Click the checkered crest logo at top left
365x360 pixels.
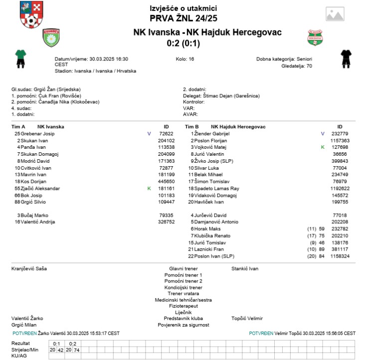point(30,14)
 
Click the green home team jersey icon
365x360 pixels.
point(20,58)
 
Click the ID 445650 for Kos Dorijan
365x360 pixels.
point(166,182)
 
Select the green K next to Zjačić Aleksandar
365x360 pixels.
point(149,189)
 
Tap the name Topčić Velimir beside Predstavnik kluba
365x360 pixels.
point(247,318)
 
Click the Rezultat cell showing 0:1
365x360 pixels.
point(56,344)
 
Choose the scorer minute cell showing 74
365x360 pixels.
point(76,350)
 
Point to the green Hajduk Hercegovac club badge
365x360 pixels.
point(315,37)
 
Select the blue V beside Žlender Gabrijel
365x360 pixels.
point(323,134)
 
